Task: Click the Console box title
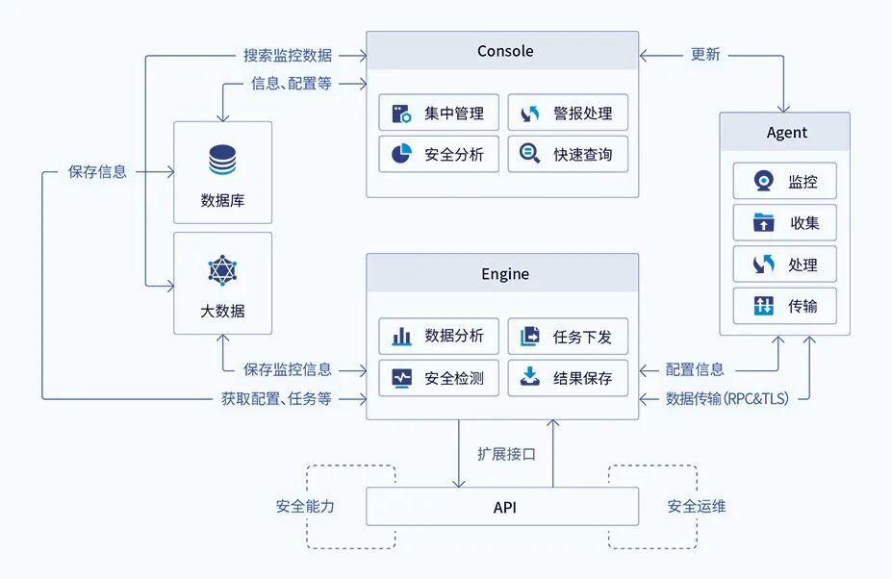tap(504, 51)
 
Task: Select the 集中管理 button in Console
tap(439, 113)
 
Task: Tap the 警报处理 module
tap(568, 113)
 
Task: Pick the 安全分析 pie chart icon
tap(401, 154)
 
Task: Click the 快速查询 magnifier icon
tap(530, 154)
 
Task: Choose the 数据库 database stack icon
tap(222, 160)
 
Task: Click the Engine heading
tap(504, 274)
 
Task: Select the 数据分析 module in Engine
tap(439, 337)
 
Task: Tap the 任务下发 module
tap(568, 337)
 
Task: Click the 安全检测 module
tap(439, 378)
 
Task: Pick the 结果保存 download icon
tap(530, 378)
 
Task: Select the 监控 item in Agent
tap(785, 182)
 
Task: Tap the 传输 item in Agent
tap(785, 306)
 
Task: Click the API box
tap(502, 506)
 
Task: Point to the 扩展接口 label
tap(506, 454)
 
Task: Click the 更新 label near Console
tap(705, 54)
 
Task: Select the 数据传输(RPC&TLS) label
tap(726, 398)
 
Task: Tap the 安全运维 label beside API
tap(697, 506)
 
